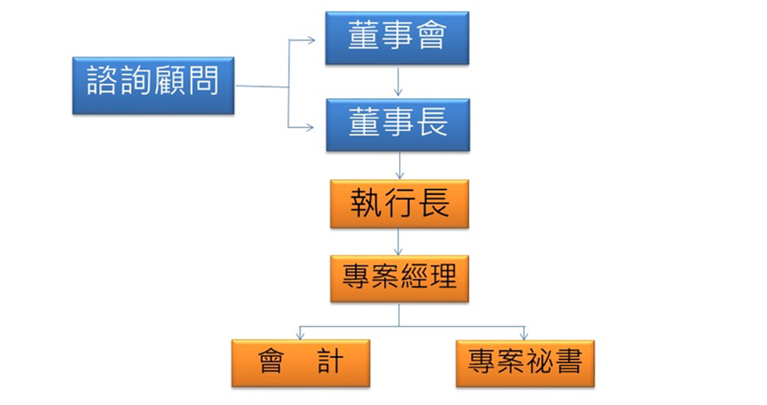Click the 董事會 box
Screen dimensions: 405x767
pos(397,38)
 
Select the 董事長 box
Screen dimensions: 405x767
pos(398,124)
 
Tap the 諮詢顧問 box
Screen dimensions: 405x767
pos(153,85)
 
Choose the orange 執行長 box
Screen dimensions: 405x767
pos(399,204)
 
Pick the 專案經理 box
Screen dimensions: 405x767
pos(399,278)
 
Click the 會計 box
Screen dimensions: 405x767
pos(300,362)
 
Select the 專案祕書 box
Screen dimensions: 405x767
pos(525,362)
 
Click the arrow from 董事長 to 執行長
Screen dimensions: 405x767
pos(399,165)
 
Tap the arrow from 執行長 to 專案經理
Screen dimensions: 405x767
pos(399,241)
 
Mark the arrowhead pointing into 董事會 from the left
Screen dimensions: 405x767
pos(310,40)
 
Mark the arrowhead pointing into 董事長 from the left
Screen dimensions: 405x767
pos(310,128)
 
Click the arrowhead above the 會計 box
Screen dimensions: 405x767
pos(300,336)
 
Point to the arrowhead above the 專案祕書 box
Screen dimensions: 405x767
pos(524,336)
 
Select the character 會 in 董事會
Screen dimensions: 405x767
pos(432,37)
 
